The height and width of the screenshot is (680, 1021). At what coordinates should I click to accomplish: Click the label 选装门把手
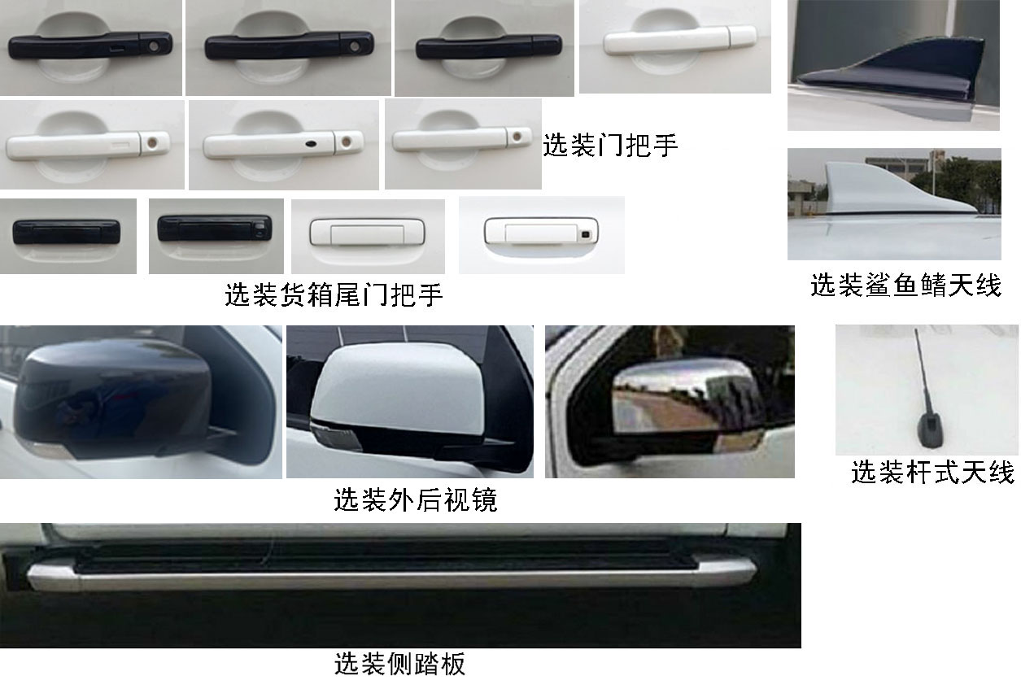coord(610,146)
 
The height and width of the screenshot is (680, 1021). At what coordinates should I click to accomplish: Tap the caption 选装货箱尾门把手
coord(334,294)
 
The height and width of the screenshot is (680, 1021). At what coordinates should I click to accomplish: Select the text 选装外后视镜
coord(415,499)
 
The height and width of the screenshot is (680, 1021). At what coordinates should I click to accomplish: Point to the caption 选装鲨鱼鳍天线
coord(905,286)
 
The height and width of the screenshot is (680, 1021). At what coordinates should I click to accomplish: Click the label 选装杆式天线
coord(932,472)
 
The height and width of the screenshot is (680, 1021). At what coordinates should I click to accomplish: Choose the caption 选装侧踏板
coord(399,664)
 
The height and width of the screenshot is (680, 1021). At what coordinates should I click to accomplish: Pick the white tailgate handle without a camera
coord(367,233)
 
